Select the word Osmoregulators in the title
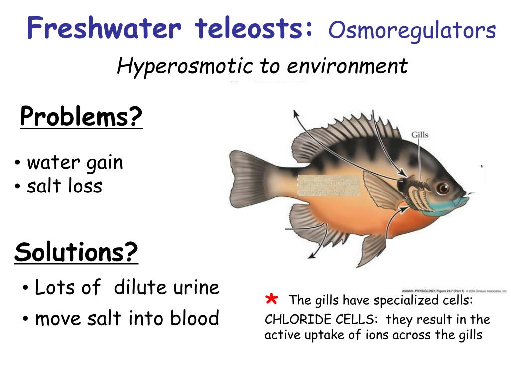coord(412,30)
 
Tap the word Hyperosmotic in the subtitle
coord(184,66)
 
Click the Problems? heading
coord(81,118)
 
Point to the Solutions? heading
coord(76,253)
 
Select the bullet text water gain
coord(75,163)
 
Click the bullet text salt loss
coord(64,186)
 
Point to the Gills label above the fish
coord(419,135)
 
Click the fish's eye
coord(442,188)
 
